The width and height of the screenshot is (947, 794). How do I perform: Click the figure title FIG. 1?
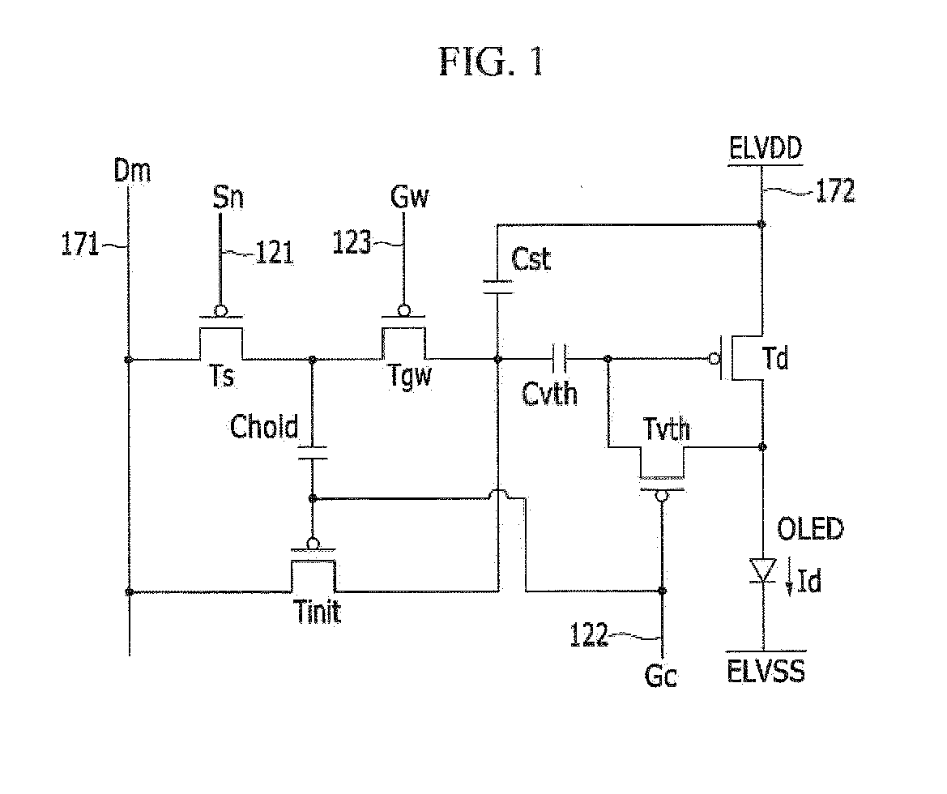coord(491,62)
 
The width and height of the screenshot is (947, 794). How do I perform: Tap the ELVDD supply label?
coord(766,148)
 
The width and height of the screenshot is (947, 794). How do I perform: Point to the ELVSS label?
coord(766,672)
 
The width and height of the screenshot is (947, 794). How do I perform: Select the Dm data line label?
coord(132,171)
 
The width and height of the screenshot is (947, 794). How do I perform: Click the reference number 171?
coord(79,245)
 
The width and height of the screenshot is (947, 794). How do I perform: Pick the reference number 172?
coord(835,191)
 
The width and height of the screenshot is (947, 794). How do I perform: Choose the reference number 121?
coord(275,253)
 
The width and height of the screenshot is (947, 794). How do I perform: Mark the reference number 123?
coord(352,242)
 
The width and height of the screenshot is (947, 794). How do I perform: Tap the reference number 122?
coord(589,635)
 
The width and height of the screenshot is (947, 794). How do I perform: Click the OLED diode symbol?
coord(762,570)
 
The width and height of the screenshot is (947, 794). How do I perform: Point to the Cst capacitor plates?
coord(497,287)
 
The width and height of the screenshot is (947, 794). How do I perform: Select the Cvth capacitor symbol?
coord(559,359)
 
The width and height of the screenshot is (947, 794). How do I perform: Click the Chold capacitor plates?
coord(312,453)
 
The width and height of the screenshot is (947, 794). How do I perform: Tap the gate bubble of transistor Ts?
coord(221,311)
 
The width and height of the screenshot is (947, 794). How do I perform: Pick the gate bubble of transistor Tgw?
coord(403,311)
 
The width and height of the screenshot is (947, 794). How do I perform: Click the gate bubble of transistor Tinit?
coord(312,543)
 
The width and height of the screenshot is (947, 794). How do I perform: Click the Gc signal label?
coord(661,676)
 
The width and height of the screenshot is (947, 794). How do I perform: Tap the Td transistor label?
coord(775,358)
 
